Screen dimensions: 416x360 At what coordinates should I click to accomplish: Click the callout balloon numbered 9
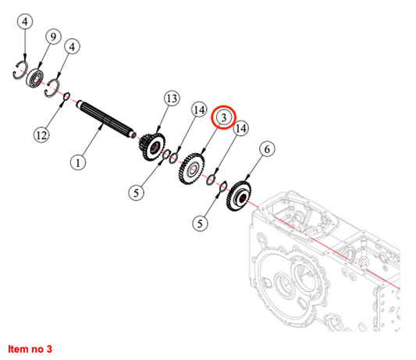[53, 37]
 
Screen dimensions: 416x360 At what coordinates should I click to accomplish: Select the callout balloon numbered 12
[41, 135]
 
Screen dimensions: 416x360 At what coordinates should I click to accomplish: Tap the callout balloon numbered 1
[78, 162]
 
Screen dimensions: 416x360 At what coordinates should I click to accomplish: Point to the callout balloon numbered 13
[172, 98]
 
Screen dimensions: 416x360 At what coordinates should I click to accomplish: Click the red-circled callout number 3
[223, 117]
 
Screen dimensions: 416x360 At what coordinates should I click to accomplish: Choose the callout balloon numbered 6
[267, 149]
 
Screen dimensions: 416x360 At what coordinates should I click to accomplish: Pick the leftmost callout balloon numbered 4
[25, 22]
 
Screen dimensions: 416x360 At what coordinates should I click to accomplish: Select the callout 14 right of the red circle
[240, 129]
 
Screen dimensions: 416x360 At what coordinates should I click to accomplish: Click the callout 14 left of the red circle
[199, 109]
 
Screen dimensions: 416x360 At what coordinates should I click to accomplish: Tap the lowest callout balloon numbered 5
[200, 223]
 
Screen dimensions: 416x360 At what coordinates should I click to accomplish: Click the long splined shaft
[106, 119]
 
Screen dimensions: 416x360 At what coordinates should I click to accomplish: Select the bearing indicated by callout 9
[34, 78]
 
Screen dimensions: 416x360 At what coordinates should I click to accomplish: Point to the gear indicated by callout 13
[152, 147]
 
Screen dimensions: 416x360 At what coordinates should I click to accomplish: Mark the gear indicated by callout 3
[192, 169]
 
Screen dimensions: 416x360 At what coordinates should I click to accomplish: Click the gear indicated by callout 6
[239, 196]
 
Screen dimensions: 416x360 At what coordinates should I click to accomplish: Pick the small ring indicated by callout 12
[66, 97]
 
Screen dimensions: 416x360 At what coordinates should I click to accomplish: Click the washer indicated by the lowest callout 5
[223, 186]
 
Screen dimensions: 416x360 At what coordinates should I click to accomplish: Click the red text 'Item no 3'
[30, 349]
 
